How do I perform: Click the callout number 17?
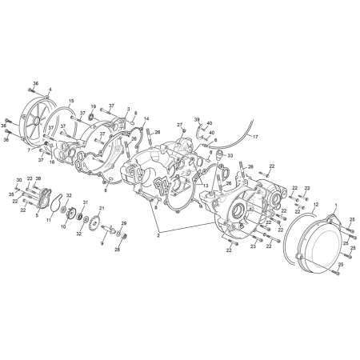(x=256, y=137)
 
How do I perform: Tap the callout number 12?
(x=315, y=205)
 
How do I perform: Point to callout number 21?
(x=101, y=208)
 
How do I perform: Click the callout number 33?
(x=230, y=156)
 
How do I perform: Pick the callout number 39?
(x=197, y=118)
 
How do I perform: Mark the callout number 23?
(x=254, y=247)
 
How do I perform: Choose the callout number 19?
(x=93, y=106)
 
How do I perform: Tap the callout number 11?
(x=49, y=219)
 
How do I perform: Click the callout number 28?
(x=117, y=250)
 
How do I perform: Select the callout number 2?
(x=159, y=236)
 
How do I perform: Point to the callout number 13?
(x=205, y=185)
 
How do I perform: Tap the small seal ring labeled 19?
(x=90, y=117)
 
